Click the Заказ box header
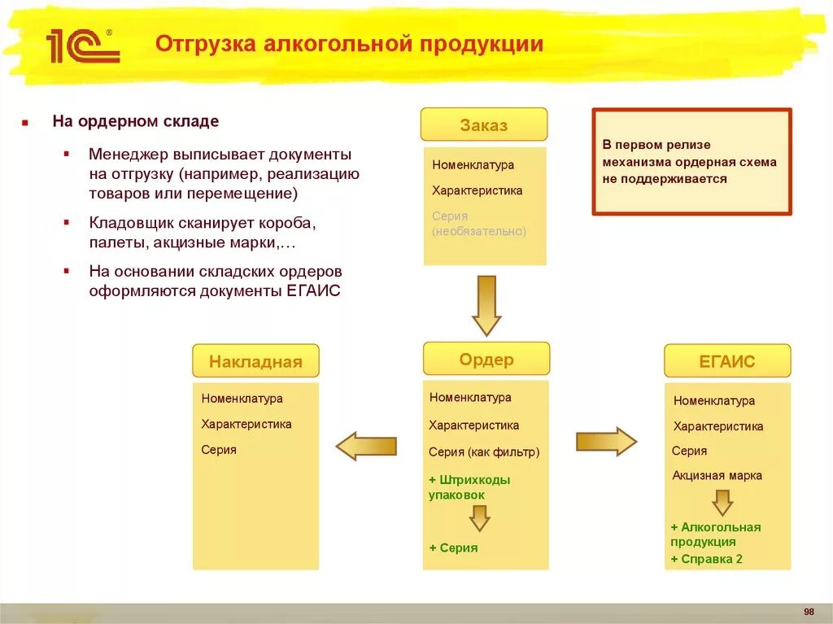tap(483, 124)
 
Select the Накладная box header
tap(255, 361)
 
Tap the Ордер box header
tap(486, 359)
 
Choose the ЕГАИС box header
tap(727, 361)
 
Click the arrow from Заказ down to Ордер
tap(486, 305)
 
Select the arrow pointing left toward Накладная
tap(366, 446)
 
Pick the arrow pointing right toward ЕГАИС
tap(606, 441)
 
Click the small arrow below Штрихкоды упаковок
tap(479, 517)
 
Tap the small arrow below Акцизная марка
tap(722, 502)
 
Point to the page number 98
tap(809, 612)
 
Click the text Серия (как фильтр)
tap(484, 452)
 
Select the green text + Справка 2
tap(706, 559)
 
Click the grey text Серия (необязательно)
tap(479, 224)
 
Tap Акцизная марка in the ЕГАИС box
tap(717, 475)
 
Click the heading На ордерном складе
tap(136, 122)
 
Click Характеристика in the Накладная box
tap(246, 424)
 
